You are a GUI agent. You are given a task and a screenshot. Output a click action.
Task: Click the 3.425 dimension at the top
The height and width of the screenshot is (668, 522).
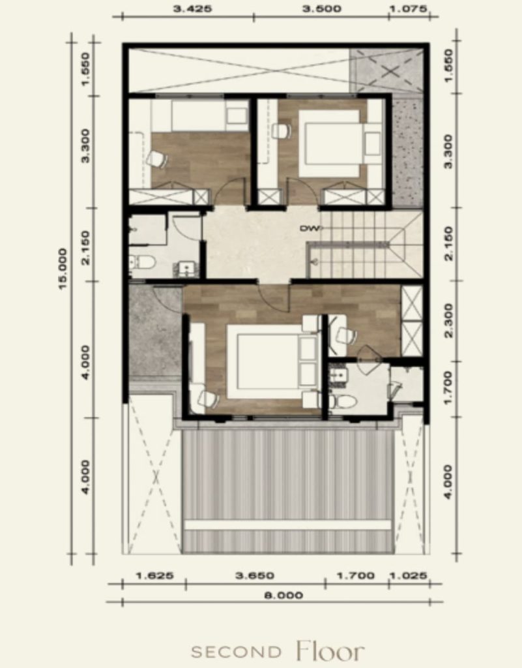click(192, 8)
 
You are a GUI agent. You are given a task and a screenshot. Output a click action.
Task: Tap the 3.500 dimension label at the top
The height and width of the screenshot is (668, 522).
click(321, 8)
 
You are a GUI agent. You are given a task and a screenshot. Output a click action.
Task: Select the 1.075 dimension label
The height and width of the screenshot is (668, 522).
click(407, 8)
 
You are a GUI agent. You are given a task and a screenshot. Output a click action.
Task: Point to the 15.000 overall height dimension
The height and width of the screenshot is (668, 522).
click(63, 269)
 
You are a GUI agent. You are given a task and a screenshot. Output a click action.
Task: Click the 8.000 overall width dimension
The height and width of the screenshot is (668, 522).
click(283, 595)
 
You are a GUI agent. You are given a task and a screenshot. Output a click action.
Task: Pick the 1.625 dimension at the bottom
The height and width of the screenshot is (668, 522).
click(155, 576)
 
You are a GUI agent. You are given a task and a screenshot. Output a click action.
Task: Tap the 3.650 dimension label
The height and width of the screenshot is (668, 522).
click(255, 576)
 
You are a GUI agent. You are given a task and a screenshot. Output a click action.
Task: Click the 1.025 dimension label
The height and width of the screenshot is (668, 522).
click(408, 576)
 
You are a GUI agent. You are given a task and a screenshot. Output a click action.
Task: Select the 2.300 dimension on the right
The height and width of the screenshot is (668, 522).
click(448, 320)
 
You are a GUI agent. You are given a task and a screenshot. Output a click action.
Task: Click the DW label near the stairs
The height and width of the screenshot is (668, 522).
click(310, 229)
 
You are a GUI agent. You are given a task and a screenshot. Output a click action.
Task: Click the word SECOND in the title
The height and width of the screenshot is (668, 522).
click(236, 652)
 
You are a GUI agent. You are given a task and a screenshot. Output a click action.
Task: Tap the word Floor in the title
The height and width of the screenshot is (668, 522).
click(330, 650)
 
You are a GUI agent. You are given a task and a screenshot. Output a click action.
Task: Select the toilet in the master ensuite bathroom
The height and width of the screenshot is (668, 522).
click(343, 401)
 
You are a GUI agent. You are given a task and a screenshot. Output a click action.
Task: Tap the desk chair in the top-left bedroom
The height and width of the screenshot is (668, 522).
click(156, 159)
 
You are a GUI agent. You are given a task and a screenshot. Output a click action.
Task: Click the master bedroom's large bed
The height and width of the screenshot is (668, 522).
click(272, 361)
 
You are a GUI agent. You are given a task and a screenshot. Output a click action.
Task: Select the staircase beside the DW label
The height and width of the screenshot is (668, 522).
click(366, 245)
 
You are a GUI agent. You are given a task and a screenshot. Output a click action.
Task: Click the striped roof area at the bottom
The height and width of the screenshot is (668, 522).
click(287, 491)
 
